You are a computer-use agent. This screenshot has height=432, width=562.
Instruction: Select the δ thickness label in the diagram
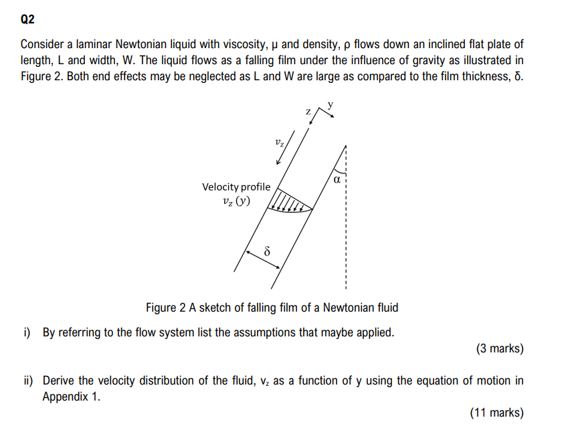pos(266,252)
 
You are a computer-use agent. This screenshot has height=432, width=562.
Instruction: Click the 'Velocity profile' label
pos(236,187)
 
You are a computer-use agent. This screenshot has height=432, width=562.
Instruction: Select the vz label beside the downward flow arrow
pos(280,142)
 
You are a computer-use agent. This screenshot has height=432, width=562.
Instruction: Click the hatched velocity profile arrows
pos(290,203)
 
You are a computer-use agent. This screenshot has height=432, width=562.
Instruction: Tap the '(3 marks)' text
pos(500,348)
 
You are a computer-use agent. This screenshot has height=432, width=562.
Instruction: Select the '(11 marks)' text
pos(497,413)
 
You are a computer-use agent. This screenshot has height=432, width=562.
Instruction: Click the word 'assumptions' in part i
pos(250,332)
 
